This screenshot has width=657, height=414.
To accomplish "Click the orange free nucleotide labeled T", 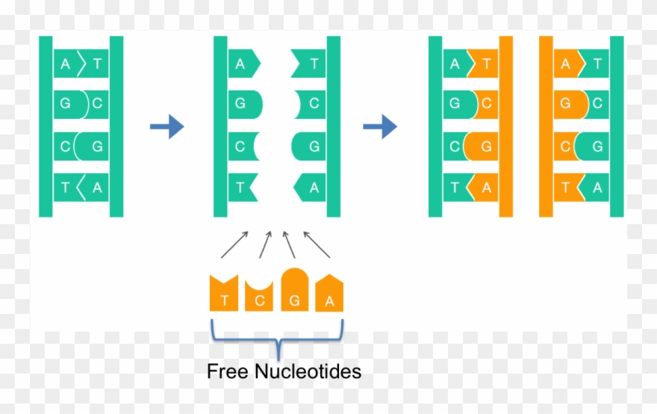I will pos(223,294).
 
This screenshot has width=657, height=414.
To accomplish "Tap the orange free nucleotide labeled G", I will pos(295,291).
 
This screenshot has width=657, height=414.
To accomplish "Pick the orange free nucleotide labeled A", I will pos(329,293).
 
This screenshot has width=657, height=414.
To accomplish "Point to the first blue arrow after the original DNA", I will pos(166,127).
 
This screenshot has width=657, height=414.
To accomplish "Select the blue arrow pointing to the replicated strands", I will pos(379,127).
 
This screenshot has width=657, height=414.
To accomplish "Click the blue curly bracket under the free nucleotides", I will pos(277,338).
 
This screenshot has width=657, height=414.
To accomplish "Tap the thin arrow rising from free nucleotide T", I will pos(235,244).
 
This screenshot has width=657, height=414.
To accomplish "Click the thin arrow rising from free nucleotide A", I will pos(317,244).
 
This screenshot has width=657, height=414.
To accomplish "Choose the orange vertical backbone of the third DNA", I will pos(506,126).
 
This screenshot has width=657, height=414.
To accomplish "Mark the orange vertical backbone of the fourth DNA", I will pos(546,126).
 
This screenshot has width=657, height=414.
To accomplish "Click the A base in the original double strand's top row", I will pos(66,65).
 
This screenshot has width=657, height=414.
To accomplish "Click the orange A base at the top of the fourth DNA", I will pos(567,65).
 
